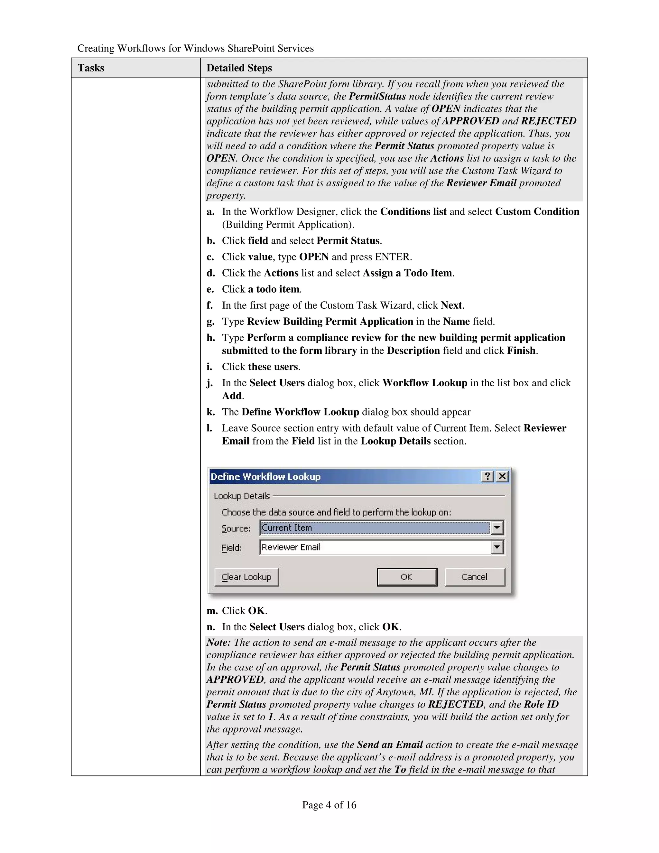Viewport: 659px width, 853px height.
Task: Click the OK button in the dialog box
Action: [407, 577]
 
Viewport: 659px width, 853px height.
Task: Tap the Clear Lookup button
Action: [246, 577]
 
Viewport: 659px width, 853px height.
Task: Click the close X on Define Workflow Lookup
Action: [502, 476]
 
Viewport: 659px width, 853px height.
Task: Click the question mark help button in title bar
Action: [487, 476]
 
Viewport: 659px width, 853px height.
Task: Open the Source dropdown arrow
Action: [497, 528]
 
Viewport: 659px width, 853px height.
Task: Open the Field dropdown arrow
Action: [497, 547]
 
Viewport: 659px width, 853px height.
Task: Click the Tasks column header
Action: [91, 68]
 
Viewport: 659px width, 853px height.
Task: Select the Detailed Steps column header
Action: [239, 68]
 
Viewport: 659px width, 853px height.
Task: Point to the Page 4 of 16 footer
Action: [329, 805]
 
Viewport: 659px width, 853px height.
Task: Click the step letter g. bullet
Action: [210, 322]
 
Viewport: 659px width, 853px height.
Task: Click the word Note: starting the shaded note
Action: [218, 642]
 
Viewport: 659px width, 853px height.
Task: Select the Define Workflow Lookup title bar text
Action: [265, 476]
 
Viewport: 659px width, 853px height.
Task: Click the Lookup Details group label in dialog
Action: [242, 496]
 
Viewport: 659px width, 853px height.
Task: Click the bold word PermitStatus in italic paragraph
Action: [377, 97]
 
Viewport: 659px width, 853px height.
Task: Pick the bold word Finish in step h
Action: [521, 351]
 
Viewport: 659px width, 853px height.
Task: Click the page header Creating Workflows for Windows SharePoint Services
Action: [195, 48]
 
